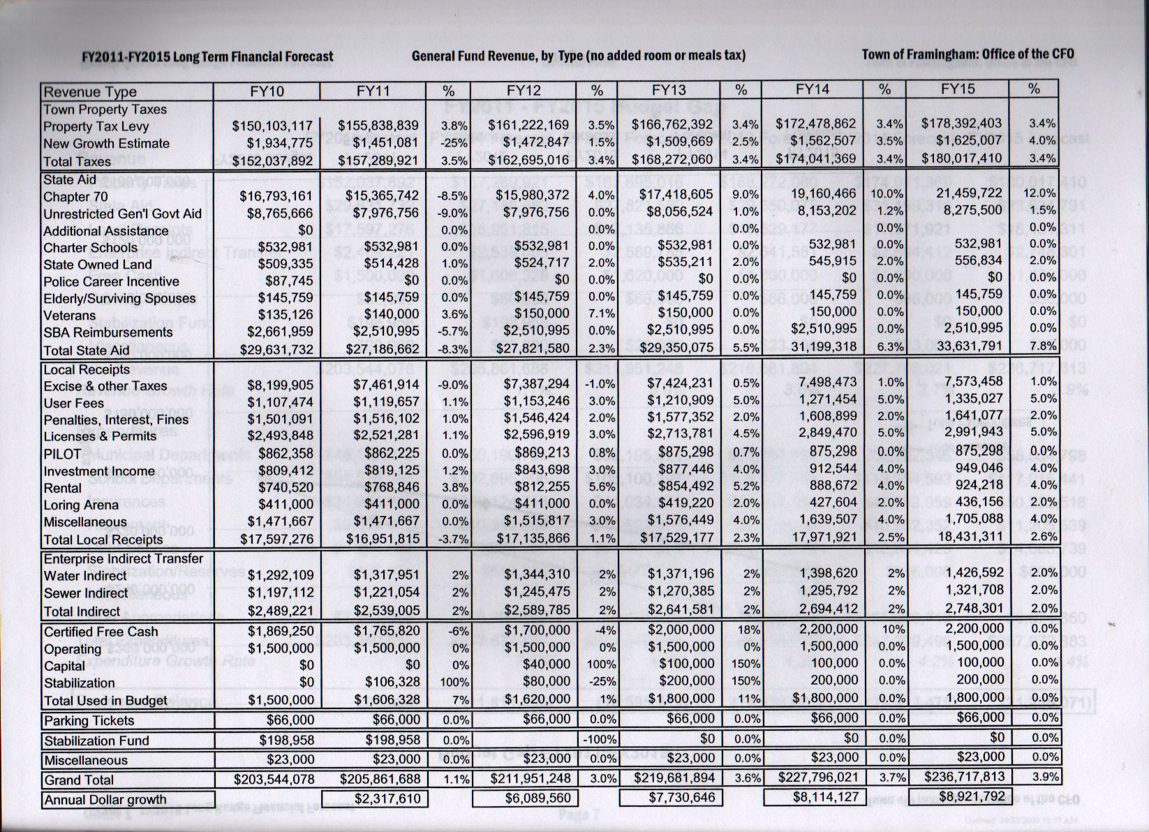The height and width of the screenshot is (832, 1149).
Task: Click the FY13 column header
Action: pos(669,90)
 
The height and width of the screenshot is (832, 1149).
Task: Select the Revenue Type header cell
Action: pos(90,92)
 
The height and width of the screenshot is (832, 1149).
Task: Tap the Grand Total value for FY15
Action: pos(965,776)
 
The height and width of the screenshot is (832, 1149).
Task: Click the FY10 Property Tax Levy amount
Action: pos(272,126)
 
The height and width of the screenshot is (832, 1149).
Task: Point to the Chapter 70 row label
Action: pos(75,197)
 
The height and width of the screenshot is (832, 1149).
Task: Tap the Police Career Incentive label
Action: pos(111,281)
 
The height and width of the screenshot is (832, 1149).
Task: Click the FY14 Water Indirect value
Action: pos(829,573)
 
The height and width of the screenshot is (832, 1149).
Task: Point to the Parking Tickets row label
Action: pos(89,720)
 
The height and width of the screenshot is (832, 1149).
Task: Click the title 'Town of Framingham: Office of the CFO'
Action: pos(968,54)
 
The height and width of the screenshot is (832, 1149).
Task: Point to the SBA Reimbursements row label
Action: pos(108,332)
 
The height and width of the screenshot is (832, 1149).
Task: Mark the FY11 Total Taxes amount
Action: pos(378,161)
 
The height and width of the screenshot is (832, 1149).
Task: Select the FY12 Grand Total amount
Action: pos(531,778)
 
